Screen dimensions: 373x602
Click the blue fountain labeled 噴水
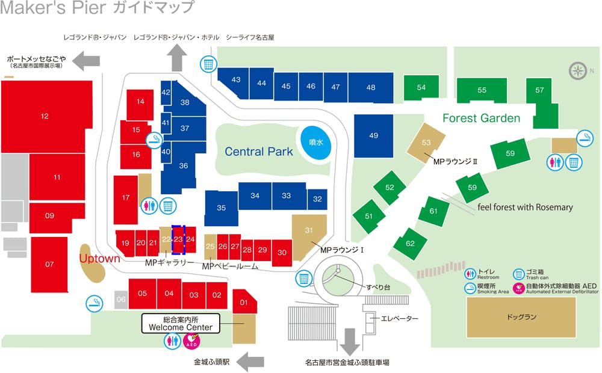click(316, 144)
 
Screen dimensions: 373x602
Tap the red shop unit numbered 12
click(45, 116)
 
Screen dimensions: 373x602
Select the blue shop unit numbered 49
click(373, 135)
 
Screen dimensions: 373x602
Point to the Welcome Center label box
click(180, 324)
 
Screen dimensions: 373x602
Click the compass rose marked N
click(577, 71)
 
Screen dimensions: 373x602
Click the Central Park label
click(259, 152)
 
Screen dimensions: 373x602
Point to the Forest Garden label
click(481, 119)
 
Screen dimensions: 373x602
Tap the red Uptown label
click(100, 259)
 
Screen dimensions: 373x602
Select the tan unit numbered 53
click(426, 143)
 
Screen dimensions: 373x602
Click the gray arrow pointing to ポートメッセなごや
click(85, 60)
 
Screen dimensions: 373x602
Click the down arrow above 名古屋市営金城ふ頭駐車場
click(349, 342)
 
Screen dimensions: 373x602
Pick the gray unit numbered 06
click(121, 300)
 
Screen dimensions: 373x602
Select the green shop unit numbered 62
click(410, 244)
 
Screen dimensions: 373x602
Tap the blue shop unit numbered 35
click(221, 208)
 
